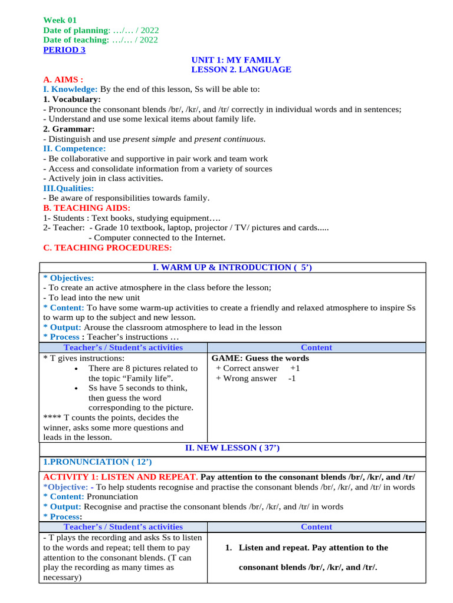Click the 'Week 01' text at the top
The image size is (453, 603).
(x=60, y=20)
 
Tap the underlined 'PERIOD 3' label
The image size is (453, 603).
(x=64, y=50)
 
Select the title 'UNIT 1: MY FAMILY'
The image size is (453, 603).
(x=236, y=60)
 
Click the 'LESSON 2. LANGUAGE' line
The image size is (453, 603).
(x=241, y=69)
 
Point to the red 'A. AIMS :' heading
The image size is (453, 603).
(x=63, y=79)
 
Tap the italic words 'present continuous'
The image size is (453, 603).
(x=229, y=139)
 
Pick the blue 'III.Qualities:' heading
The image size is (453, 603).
(x=68, y=188)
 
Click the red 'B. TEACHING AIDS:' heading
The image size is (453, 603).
(x=87, y=208)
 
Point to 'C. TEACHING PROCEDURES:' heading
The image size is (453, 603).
(x=107, y=248)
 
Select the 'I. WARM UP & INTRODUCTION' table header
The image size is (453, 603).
(x=232, y=268)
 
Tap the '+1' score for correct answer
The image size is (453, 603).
(x=295, y=368)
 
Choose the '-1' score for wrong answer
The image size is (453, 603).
(x=292, y=378)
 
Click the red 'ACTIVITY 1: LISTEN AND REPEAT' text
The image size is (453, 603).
(x=120, y=477)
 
